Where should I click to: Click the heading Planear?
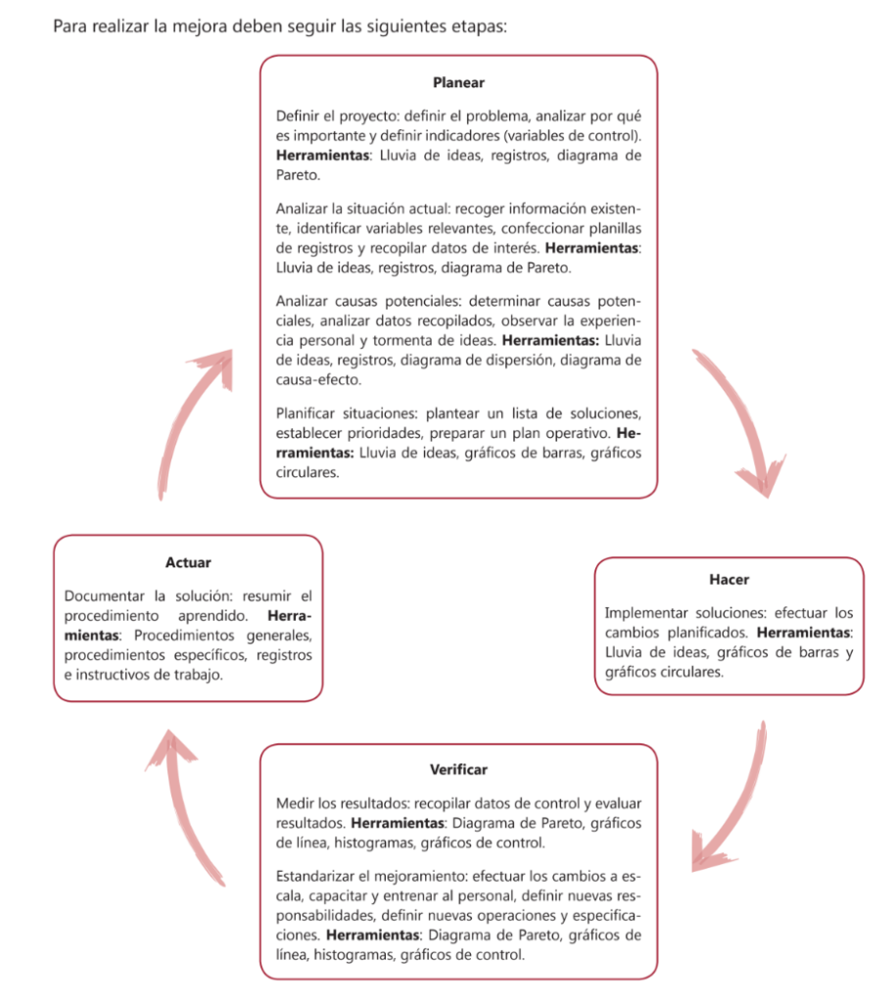pos(458,84)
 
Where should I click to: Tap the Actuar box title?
pos(188,562)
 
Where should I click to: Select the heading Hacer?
pos(729,580)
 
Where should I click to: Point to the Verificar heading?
pos(458,769)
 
